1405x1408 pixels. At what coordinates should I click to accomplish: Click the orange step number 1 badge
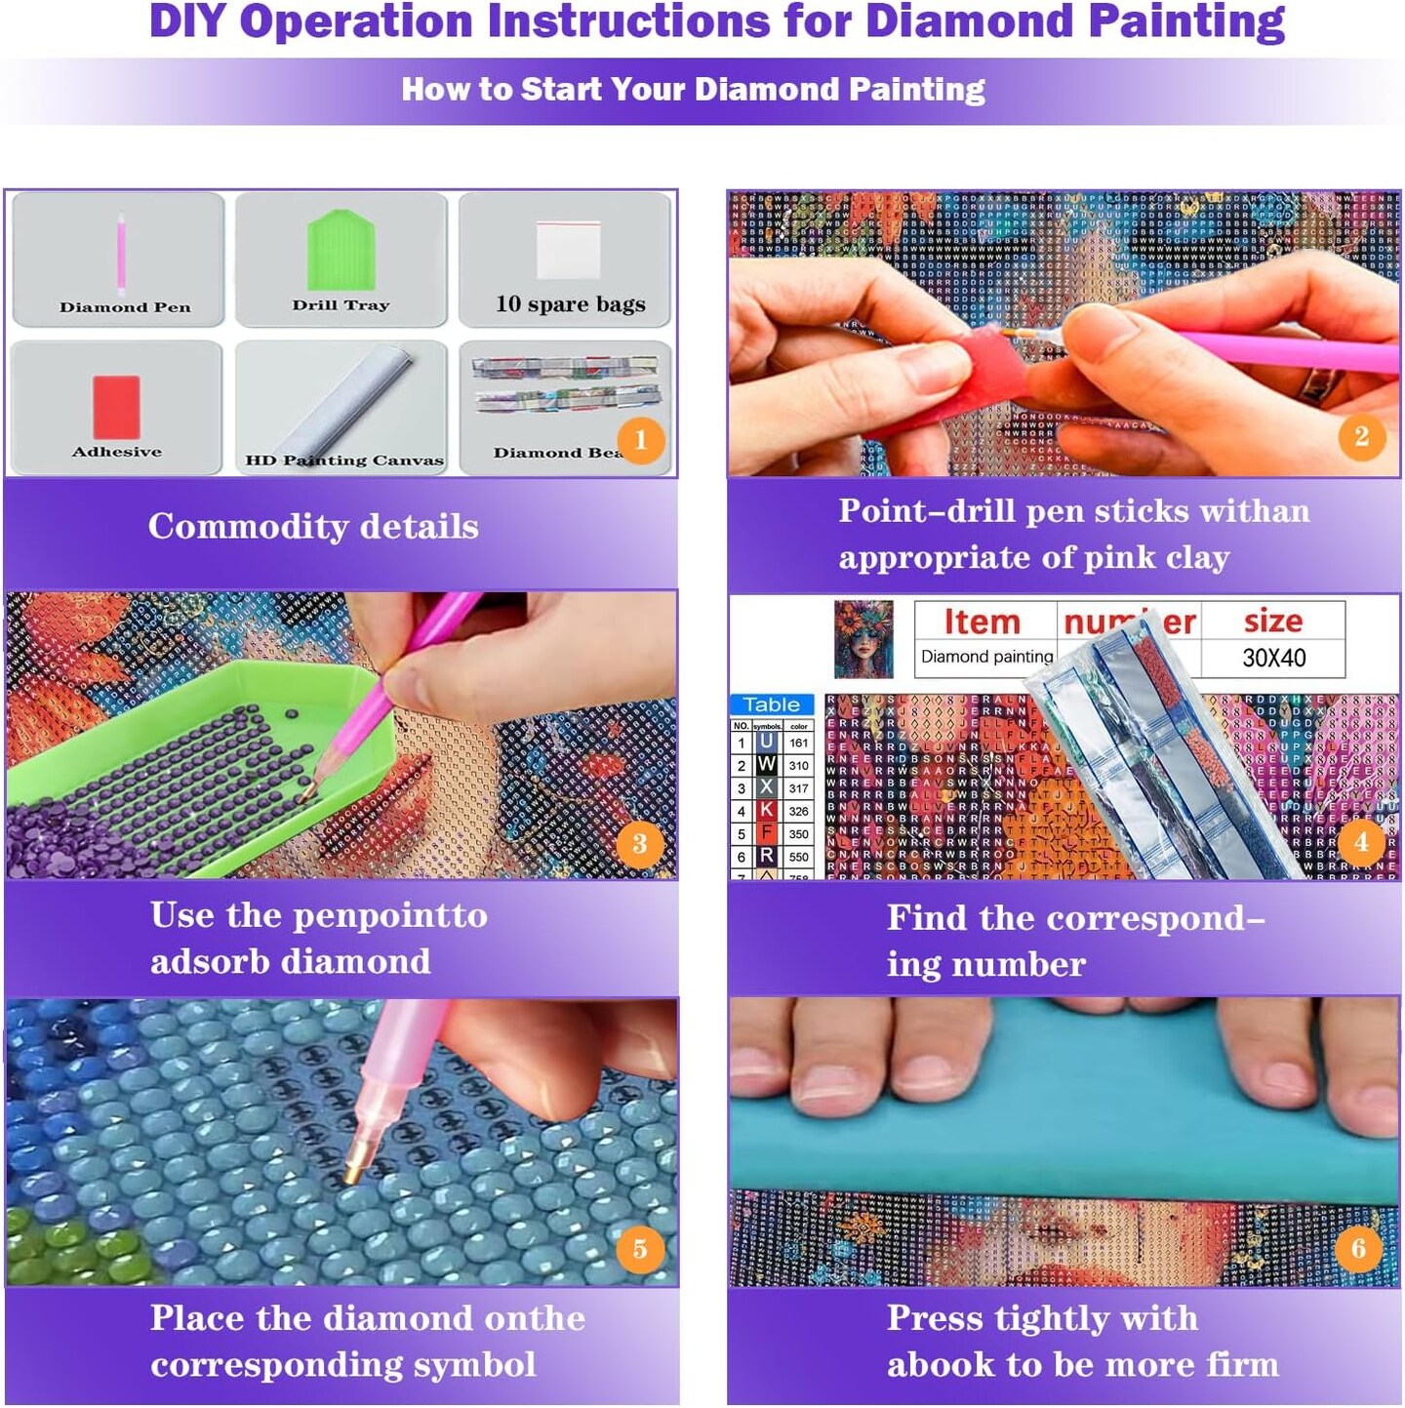pos(640,440)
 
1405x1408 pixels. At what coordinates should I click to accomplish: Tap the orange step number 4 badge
pos(1361,841)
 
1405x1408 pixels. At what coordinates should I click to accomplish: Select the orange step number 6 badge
pos(1358,1248)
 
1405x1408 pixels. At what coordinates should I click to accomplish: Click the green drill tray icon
pos(341,253)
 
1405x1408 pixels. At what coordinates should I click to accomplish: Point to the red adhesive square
pos(116,406)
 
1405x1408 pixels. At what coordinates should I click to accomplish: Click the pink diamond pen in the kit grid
pos(122,254)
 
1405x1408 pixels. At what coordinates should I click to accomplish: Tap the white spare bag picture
pos(568,250)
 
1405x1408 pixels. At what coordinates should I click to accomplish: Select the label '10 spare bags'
pos(570,304)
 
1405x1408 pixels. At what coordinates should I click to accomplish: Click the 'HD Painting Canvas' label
pos(343,460)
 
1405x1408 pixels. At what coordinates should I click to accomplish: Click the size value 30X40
pos(1273,658)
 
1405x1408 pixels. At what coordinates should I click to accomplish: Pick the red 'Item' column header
pos(982,622)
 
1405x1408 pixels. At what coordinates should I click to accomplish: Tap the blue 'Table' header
pos(771,704)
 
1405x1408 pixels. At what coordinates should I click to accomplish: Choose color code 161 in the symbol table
pos(798,744)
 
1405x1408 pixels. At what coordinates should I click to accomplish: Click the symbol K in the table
pos(767,811)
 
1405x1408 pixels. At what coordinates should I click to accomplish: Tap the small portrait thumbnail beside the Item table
pos(863,640)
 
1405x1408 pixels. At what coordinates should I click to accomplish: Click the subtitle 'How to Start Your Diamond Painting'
pos(693,90)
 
